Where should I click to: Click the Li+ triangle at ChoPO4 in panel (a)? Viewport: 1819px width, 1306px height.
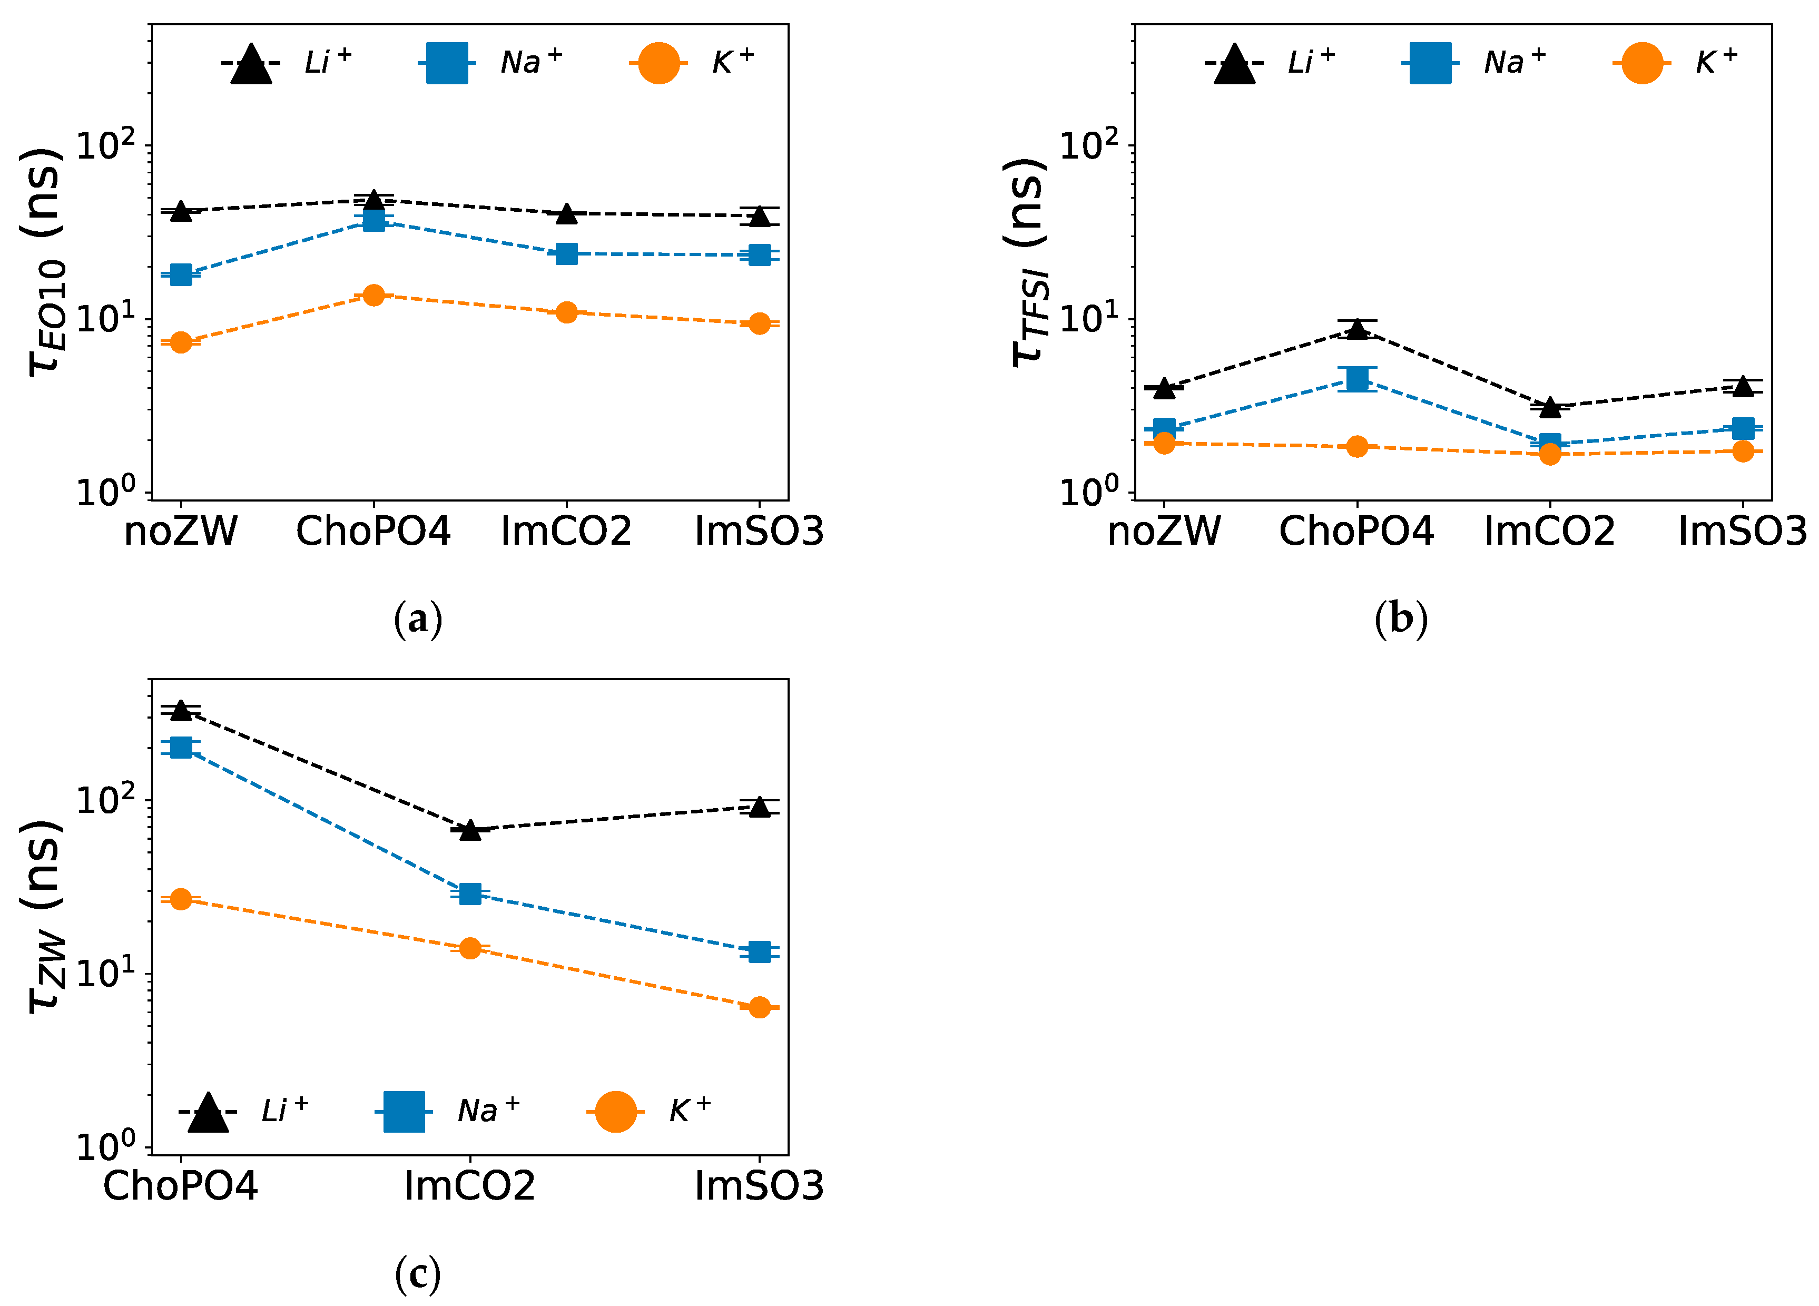[x=373, y=200]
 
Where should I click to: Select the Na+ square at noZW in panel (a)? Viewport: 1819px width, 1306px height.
[x=181, y=274]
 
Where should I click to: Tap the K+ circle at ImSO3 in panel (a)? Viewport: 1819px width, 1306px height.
[x=760, y=323]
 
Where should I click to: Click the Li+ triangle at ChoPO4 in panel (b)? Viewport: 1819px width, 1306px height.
[x=1357, y=328]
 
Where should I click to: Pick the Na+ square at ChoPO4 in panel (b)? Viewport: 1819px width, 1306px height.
[x=1357, y=379]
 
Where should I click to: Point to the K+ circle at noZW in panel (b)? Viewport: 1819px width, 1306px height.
[x=1164, y=443]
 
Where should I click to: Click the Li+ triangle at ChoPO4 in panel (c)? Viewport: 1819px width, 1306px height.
[x=181, y=710]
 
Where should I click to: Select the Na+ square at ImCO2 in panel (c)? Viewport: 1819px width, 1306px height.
[x=470, y=893]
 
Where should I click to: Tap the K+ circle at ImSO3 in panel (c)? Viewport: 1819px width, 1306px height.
[x=760, y=1008]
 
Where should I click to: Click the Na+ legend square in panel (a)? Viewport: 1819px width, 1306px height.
[x=447, y=63]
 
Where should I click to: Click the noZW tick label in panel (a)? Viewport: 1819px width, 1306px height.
[x=181, y=531]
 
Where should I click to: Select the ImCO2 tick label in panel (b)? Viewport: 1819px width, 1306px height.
[x=1549, y=531]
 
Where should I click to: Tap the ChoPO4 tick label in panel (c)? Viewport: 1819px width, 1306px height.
[x=181, y=1186]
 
